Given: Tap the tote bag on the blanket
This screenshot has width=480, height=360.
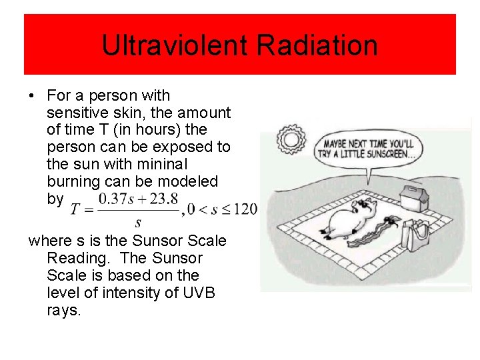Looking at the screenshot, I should (419, 234).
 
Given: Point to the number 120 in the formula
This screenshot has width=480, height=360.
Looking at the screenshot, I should (245, 209).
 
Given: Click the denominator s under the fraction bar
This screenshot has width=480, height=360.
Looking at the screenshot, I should (138, 223).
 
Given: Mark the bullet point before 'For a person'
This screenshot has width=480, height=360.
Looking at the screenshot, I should (32, 96).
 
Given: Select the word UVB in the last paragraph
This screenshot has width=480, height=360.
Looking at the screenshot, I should (197, 293).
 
